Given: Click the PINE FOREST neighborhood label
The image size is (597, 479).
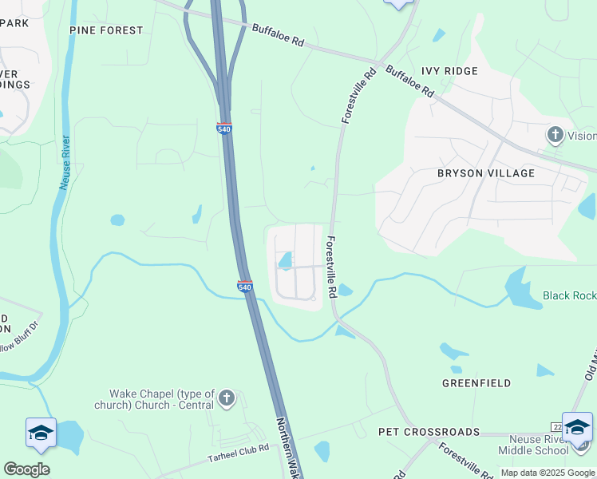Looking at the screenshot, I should point(106,30).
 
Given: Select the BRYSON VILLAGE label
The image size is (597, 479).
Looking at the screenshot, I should point(485,172).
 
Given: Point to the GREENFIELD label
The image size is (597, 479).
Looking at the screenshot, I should point(476,383).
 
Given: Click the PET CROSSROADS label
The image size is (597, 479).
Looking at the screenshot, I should point(429,432).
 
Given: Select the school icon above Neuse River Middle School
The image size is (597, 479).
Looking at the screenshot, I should point(577,428).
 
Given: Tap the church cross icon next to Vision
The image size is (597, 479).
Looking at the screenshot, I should point(555,135).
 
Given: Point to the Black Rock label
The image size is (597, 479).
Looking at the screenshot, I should point(569,295).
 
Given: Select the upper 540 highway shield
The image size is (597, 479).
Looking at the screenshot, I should point(224,129).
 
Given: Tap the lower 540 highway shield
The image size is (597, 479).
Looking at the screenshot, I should point(245,286).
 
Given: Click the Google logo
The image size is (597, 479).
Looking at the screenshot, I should point(26,469).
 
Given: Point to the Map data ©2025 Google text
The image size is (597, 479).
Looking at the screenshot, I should point(548,473).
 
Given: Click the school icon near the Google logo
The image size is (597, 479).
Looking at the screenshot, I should point(41,433).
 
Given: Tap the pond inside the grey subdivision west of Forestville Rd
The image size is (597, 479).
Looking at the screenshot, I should point(285,260).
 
